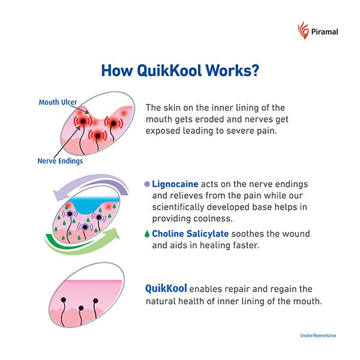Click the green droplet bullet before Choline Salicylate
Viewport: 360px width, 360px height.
click(148, 233)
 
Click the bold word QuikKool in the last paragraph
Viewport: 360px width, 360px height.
click(166, 287)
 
